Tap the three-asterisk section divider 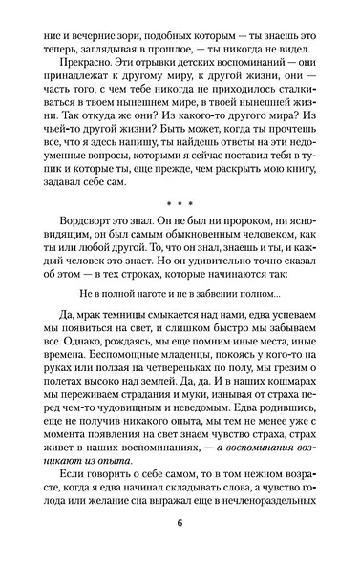[x=180, y=204]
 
